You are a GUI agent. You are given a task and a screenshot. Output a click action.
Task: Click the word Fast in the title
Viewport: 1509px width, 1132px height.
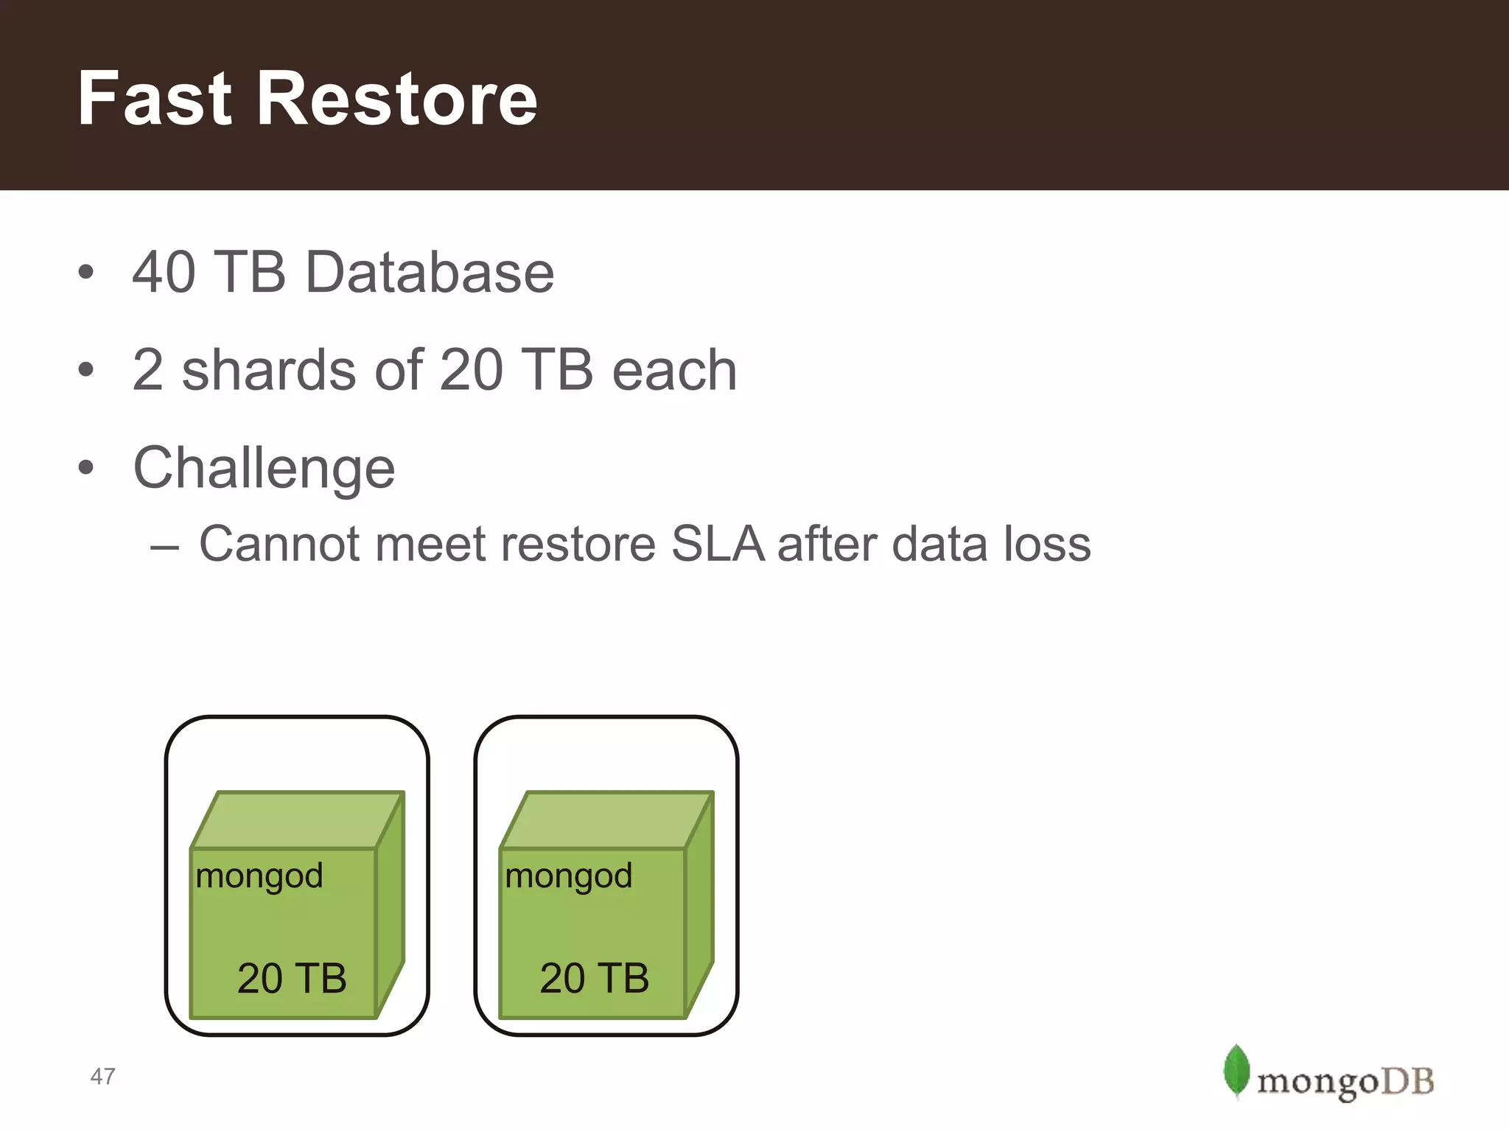point(155,99)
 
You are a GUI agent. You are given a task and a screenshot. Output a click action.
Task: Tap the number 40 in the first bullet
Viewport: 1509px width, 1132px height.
point(164,272)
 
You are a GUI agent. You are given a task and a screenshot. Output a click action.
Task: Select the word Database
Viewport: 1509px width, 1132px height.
point(429,272)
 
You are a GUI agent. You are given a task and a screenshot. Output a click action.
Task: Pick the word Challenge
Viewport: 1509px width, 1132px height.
point(264,469)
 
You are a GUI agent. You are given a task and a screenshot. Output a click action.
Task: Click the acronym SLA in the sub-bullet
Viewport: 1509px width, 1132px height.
point(718,545)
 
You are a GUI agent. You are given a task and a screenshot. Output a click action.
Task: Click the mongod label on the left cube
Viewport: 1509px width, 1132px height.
point(259,876)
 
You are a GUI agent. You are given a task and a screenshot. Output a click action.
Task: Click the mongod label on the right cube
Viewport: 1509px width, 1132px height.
point(569,876)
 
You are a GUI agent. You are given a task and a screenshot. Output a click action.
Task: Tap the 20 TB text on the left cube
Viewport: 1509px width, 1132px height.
point(292,979)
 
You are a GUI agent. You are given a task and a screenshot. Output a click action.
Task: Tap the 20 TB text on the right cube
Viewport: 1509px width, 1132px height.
point(594,979)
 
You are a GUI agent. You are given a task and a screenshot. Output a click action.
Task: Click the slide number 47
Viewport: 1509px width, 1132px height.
point(102,1077)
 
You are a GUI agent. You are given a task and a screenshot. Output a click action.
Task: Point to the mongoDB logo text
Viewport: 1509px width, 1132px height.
point(1345,1082)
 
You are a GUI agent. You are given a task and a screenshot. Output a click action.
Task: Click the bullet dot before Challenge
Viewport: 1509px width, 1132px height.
point(86,467)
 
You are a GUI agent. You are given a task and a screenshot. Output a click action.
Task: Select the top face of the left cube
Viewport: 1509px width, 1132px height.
point(296,820)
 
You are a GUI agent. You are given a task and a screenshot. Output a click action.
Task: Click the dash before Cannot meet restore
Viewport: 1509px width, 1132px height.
point(164,548)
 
